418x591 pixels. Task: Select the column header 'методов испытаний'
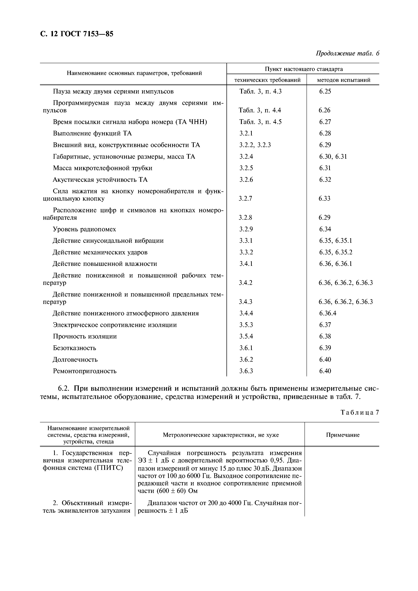tap(344, 80)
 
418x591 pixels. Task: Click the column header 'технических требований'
tap(267, 80)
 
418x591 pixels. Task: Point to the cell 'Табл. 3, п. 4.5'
tap(260, 122)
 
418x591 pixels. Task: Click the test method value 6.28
tap(325, 133)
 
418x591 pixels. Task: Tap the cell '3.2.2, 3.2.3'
tap(255, 145)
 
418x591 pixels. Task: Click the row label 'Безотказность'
tap(74, 348)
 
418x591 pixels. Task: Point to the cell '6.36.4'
tap(328, 313)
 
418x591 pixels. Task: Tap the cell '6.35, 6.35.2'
tap(336, 252)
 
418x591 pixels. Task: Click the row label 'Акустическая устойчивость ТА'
tap(100, 180)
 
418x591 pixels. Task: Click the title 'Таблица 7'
tap(360, 413)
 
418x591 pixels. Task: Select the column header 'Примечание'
tap(342, 435)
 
